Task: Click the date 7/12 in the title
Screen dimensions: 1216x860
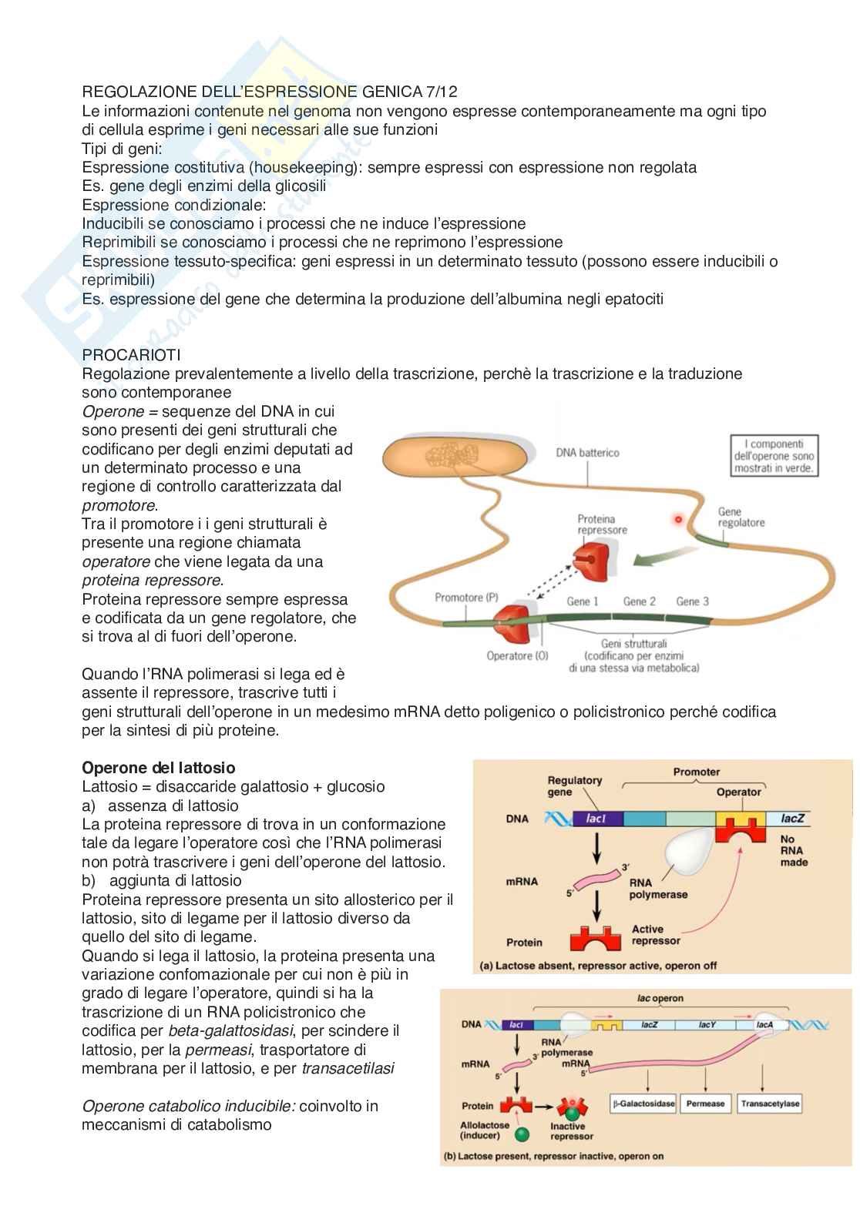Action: (x=442, y=92)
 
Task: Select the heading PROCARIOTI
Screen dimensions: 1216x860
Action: (x=131, y=355)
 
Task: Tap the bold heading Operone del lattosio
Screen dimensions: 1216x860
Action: (x=159, y=768)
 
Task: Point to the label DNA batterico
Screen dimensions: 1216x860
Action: (x=587, y=453)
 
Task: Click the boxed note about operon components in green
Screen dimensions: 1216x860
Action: (x=774, y=456)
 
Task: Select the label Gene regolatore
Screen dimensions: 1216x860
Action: (x=741, y=517)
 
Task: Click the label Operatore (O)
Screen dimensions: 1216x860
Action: (x=517, y=655)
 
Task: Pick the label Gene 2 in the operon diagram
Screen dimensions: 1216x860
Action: (x=640, y=601)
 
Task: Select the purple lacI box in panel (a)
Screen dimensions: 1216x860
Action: (x=595, y=819)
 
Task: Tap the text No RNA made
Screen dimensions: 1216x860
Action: (x=794, y=851)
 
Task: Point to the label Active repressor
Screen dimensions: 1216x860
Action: (x=656, y=934)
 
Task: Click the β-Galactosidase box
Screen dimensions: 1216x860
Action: (x=643, y=1104)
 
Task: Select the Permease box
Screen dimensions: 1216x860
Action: (x=706, y=1104)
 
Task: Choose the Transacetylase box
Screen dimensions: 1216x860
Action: (x=770, y=1104)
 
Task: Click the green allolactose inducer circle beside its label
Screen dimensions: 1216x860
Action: (x=522, y=1134)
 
